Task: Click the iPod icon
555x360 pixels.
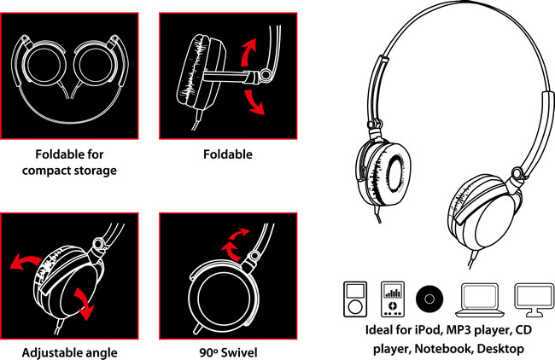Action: (355, 299)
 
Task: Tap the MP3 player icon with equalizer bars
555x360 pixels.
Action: (393, 299)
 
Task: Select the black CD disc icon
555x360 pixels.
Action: (429, 299)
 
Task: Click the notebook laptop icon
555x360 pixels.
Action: (479, 300)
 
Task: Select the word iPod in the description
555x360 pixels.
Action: (429, 330)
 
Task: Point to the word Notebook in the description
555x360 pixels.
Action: (444, 349)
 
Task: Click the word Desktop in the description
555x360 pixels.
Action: (500, 349)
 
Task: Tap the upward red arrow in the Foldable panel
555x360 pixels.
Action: (248, 52)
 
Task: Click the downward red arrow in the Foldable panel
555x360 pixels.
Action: (254, 102)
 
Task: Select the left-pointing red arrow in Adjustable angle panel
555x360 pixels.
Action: (26, 262)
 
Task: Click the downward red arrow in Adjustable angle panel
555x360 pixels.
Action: (85, 304)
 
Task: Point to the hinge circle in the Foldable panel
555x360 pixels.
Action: (265, 74)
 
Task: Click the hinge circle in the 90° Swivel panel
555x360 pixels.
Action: (254, 256)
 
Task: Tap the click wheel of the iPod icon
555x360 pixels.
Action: (355, 306)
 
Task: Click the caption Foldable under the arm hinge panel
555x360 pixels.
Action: (228, 154)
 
